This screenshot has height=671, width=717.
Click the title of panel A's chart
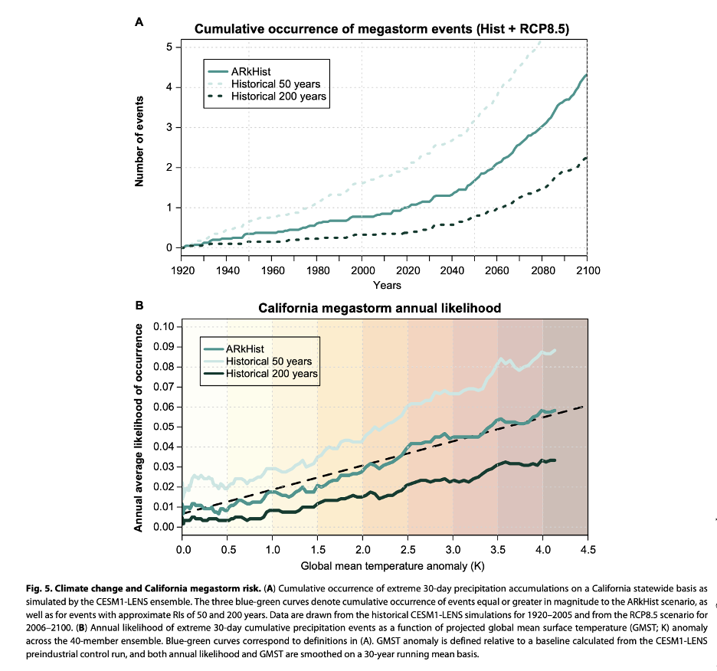pyautogui.click(x=381, y=29)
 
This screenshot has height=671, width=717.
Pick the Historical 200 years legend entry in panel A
pyautogui.click(x=267, y=97)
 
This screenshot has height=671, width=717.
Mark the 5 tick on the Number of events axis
pyautogui.click(x=169, y=47)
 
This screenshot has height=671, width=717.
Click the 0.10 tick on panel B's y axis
pyautogui.click(x=164, y=326)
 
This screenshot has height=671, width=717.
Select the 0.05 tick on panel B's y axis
pyautogui.click(x=164, y=426)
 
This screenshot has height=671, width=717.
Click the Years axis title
pyautogui.click(x=387, y=285)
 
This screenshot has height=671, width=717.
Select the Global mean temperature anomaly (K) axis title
pyautogui.click(x=386, y=566)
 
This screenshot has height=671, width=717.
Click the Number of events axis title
pyautogui.click(x=140, y=142)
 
